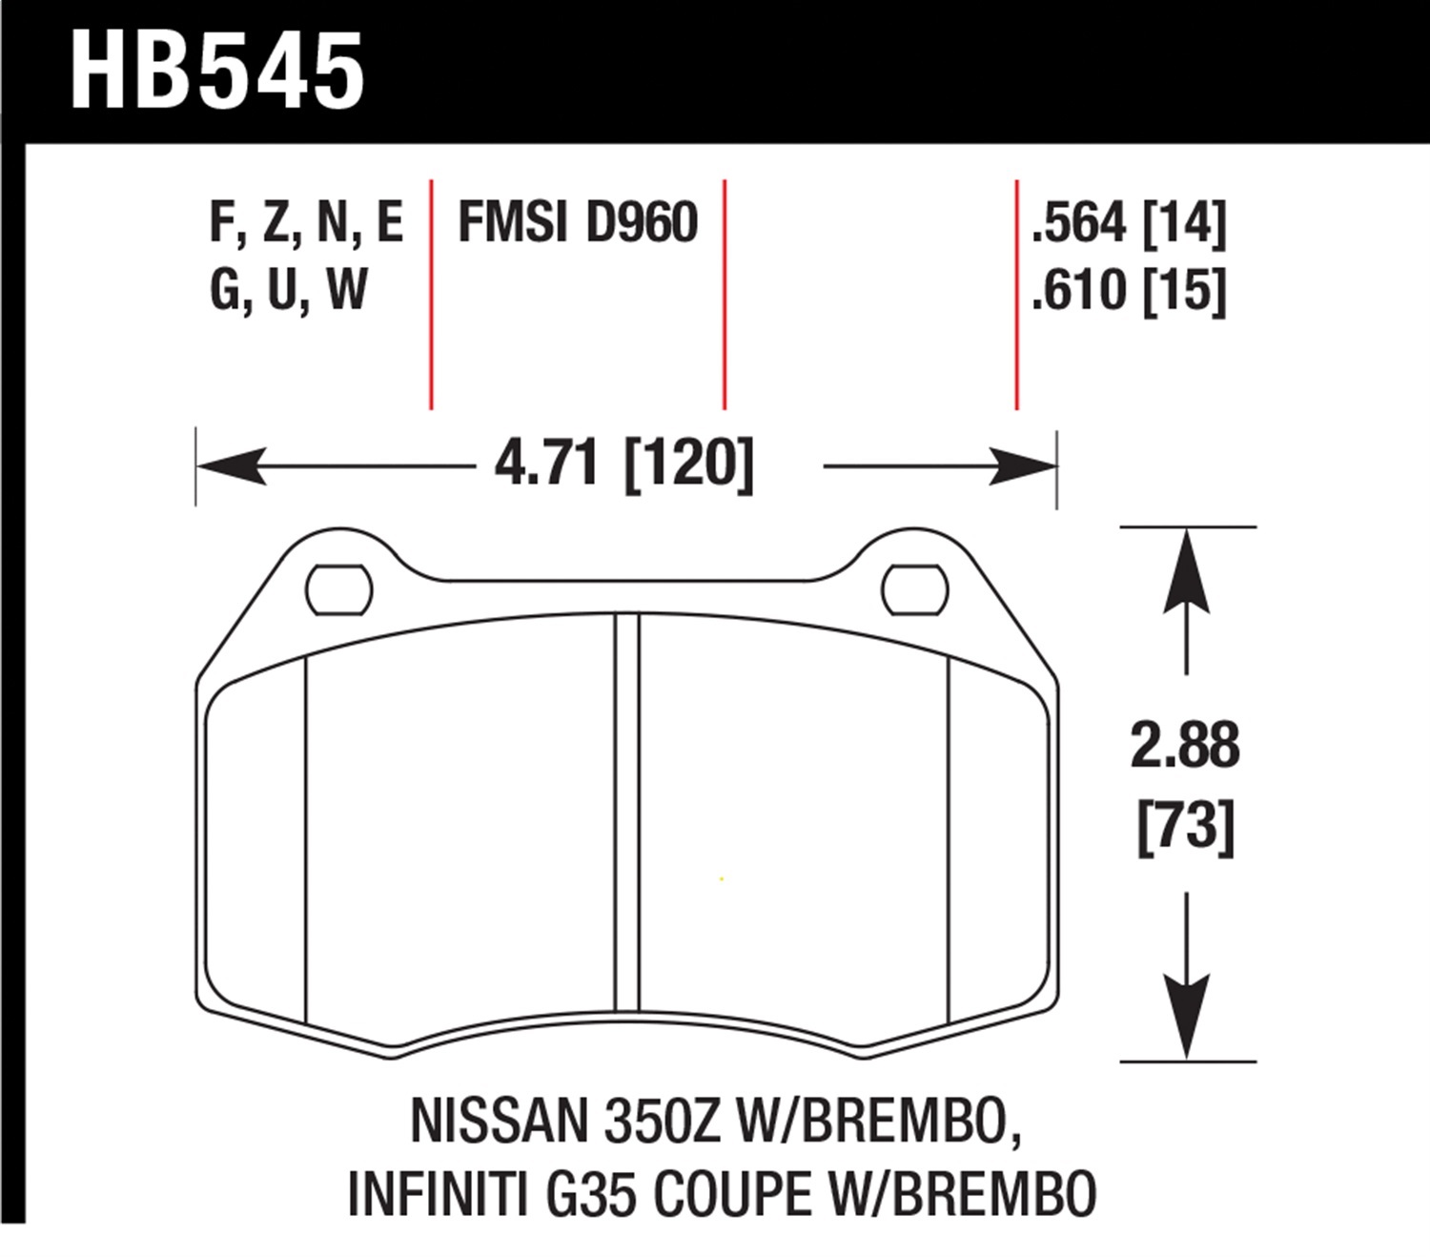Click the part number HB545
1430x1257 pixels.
pos(216,71)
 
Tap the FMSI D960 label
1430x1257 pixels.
pos(578,223)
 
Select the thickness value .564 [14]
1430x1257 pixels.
pos(1129,223)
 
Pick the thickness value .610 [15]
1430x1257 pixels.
pos(1129,291)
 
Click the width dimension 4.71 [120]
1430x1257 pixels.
pos(623,465)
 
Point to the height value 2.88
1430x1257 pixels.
pos(1185,745)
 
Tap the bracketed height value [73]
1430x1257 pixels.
pos(1185,826)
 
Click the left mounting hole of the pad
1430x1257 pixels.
pos(338,590)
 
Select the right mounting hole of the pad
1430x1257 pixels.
pos(914,590)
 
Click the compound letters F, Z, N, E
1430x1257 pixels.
pos(306,223)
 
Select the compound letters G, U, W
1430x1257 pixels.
pos(289,291)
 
